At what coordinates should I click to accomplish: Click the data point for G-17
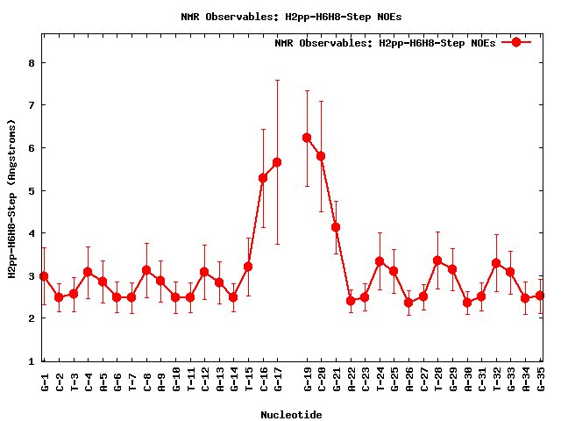(x=277, y=162)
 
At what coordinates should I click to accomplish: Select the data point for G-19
(x=307, y=138)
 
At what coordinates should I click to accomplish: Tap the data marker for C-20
(x=321, y=156)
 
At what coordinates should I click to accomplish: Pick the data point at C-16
(x=263, y=178)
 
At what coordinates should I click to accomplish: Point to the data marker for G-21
(x=336, y=227)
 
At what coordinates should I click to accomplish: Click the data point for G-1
(x=44, y=276)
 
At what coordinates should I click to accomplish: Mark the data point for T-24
(x=380, y=261)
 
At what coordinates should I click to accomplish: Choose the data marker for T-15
(x=248, y=267)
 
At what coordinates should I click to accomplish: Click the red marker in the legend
(x=516, y=42)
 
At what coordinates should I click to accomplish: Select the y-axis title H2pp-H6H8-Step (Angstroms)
(x=12, y=197)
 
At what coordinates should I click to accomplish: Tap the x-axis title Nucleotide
(x=291, y=414)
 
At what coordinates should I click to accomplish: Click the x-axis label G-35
(x=542, y=378)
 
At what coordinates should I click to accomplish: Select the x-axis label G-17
(x=278, y=378)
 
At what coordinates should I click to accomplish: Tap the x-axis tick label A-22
(x=351, y=378)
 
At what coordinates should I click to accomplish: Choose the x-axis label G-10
(x=175, y=378)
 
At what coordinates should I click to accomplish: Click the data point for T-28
(x=437, y=260)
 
